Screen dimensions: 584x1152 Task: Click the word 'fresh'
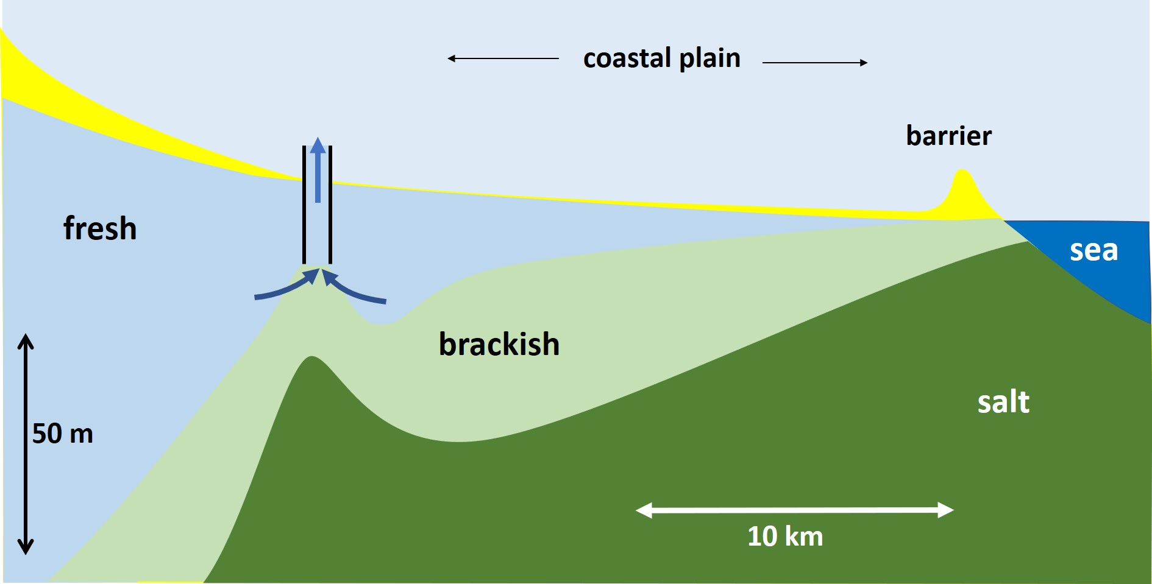pyautogui.click(x=100, y=228)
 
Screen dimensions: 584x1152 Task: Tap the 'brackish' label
pyautogui.click(x=499, y=344)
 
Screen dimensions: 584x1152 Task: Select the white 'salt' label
pyautogui.click(x=1003, y=402)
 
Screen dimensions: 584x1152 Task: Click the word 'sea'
pyautogui.click(x=1093, y=250)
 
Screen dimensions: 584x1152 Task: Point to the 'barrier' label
pyautogui.click(x=948, y=136)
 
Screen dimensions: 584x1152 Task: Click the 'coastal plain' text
pyautogui.click(x=662, y=58)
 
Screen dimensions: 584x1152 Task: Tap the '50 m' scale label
pyautogui.click(x=63, y=434)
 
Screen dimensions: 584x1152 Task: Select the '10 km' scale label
pyautogui.click(x=785, y=537)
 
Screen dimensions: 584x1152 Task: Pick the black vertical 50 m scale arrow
pyautogui.click(x=26, y=445)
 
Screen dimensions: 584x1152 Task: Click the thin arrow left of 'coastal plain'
pyautogui.click(x=503, y=58)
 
